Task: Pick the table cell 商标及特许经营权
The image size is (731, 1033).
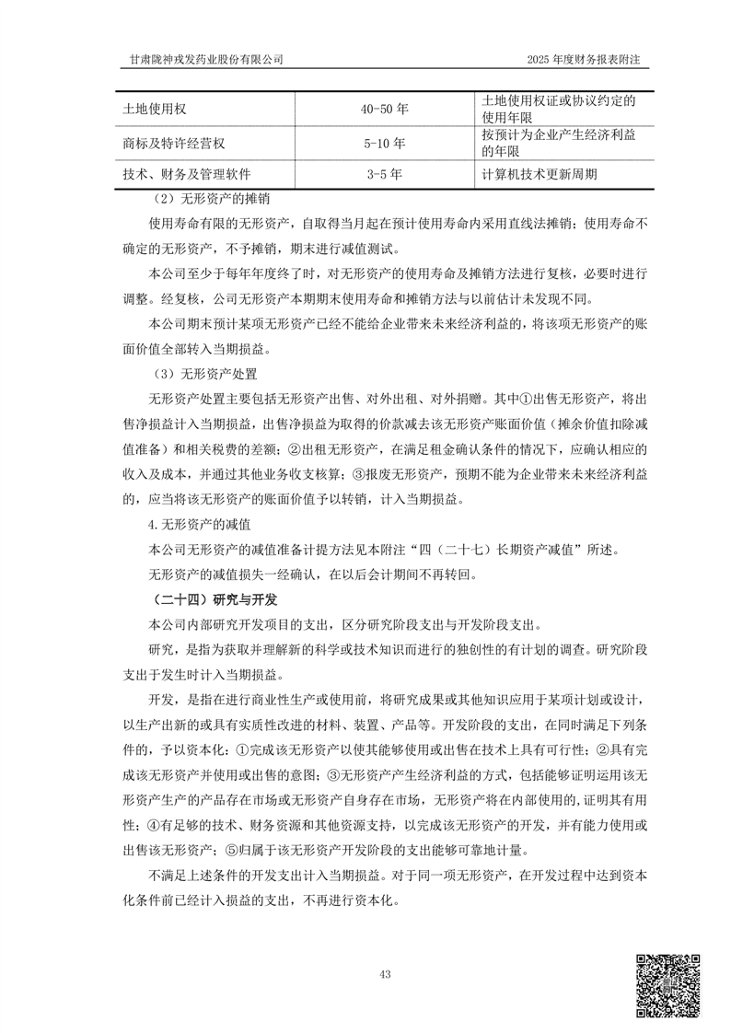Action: coord(174,144)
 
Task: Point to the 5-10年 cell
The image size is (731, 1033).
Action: coord(385,144)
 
